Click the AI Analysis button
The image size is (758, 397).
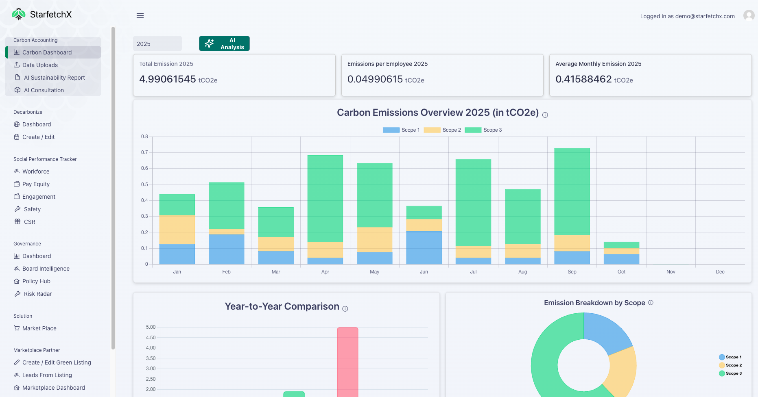[x=224, y=43]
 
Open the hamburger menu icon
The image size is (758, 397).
[x=140, y=15]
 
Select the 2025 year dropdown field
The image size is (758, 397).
[x=157, y=44]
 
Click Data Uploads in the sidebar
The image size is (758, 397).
[x=40, y=65]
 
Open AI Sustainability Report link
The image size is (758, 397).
[x=54, y=78]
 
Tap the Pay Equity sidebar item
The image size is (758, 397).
[x=36, y=184]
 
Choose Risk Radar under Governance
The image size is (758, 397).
[x=37, y=294]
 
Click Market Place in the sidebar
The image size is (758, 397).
[x=39, y=328]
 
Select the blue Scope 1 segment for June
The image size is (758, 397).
[x=424, y=248]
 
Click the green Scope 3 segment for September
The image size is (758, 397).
[x=572, y=191]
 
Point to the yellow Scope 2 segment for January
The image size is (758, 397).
[x=177, y=230]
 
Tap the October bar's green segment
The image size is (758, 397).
[x=621, y=245]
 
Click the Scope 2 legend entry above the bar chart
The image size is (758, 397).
[x=442, y=130]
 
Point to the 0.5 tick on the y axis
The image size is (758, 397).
[x=144, y=184]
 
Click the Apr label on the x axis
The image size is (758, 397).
[x=325, y=272]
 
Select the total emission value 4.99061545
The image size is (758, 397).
[x=168, y=79]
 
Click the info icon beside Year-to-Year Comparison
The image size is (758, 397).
[x=345, y=309]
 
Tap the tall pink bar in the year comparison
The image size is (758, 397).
[x=347, y=362]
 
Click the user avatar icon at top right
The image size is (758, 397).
[x=749, y=15]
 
